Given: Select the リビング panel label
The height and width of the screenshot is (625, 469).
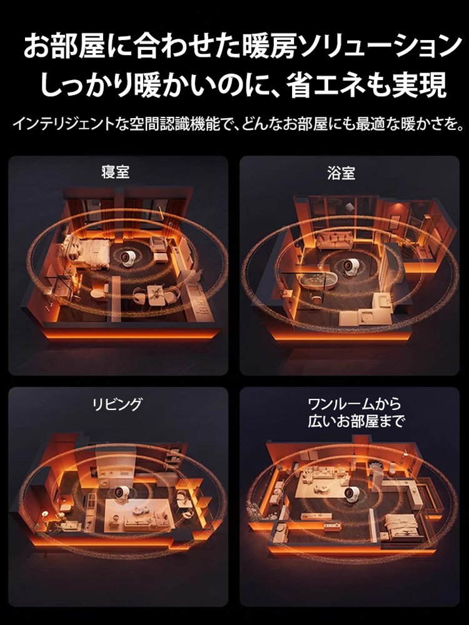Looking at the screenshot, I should point(117,404).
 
